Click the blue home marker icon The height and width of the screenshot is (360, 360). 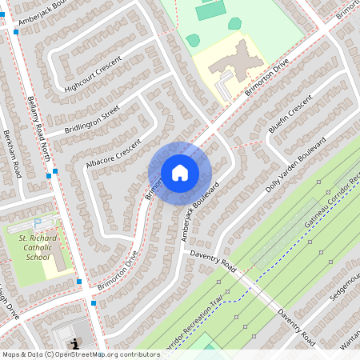180,173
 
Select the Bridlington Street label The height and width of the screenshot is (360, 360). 92,118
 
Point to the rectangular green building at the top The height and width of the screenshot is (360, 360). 210,11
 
